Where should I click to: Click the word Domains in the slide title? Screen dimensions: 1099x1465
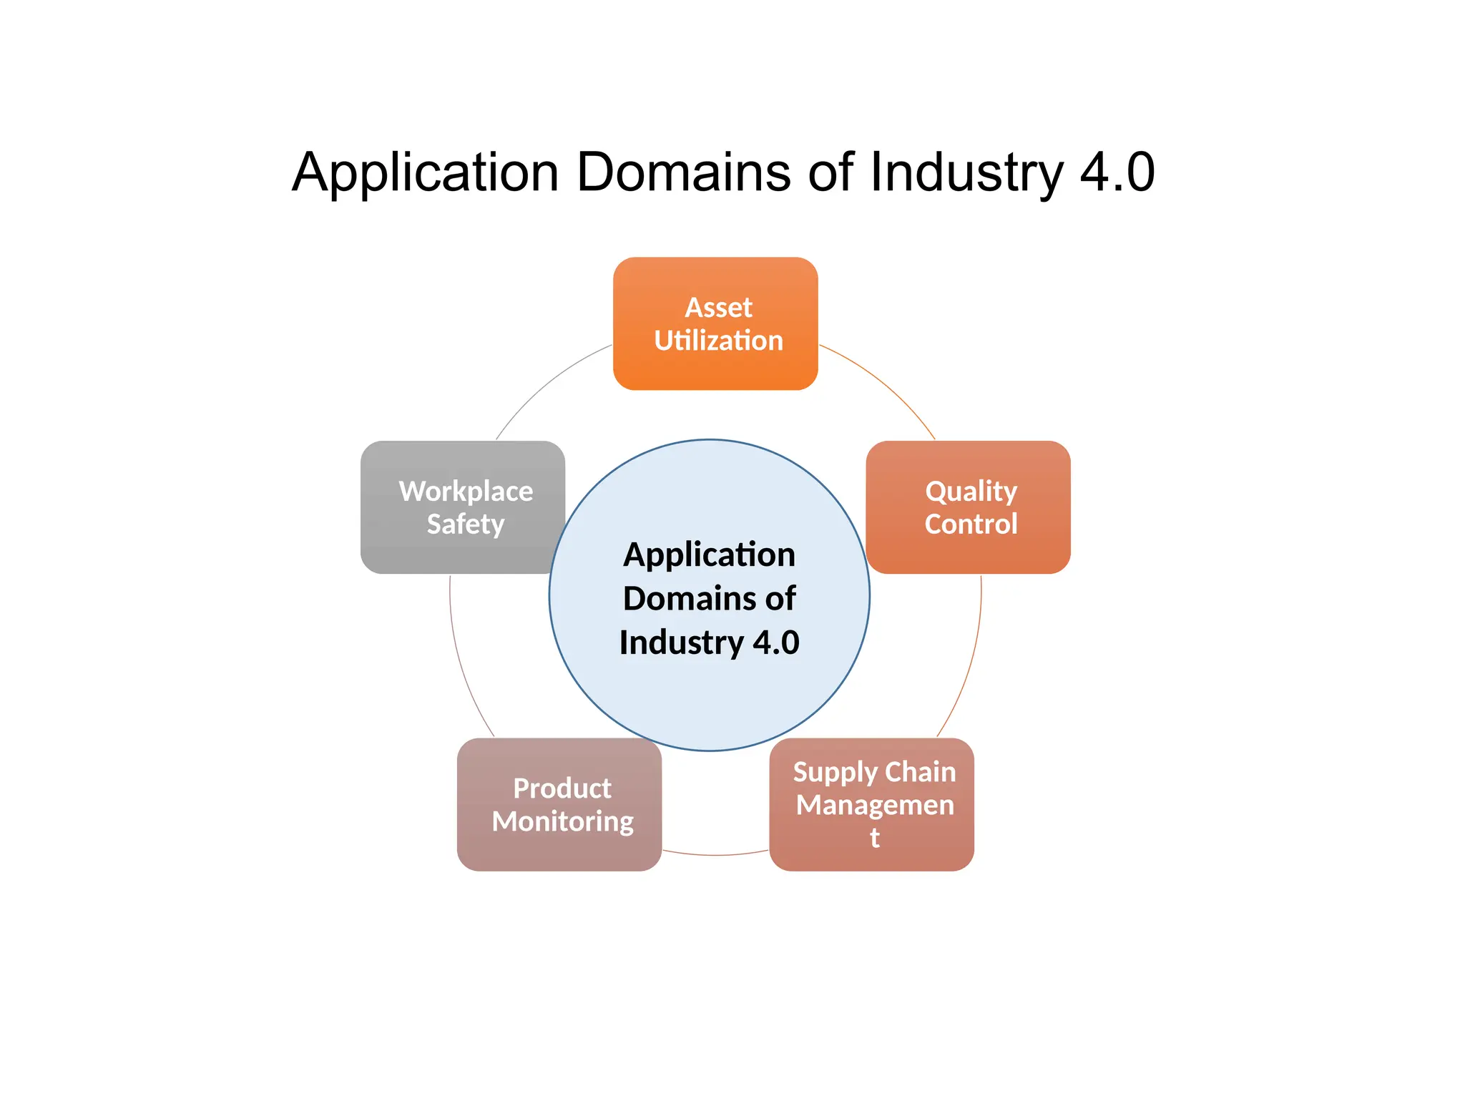point(683,172)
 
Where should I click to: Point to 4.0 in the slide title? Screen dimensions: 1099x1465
point(1117,172)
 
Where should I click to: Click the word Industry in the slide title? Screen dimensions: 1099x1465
point(966,172)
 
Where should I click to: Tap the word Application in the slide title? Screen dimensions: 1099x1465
point(425,172)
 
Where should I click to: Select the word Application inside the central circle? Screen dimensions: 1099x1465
point(709,555)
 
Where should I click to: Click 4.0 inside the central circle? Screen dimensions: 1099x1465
point(775,643)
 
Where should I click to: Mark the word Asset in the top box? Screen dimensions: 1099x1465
point(718,308)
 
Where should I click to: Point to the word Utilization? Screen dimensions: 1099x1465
point(718,341)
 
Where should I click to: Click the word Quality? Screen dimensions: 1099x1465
point(971,492)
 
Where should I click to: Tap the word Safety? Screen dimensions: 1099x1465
point(466,524)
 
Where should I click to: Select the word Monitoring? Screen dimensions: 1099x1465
point(562,821)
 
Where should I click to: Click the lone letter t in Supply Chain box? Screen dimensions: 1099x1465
point(874,837)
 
